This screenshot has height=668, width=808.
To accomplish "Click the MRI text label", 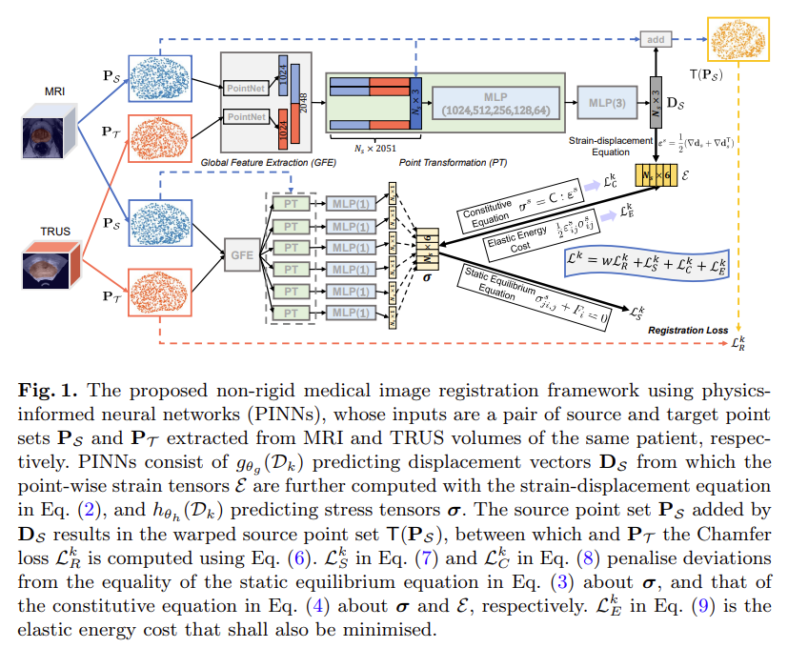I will [x=54, y=92].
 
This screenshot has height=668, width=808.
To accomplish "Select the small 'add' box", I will [x=656, y=41].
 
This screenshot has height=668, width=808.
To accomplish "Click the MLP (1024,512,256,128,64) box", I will [x=495, y=104].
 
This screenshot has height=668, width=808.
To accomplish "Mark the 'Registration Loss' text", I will [x=688, y=331].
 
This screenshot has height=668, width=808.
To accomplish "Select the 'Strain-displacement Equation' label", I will [x=600, y=146].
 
